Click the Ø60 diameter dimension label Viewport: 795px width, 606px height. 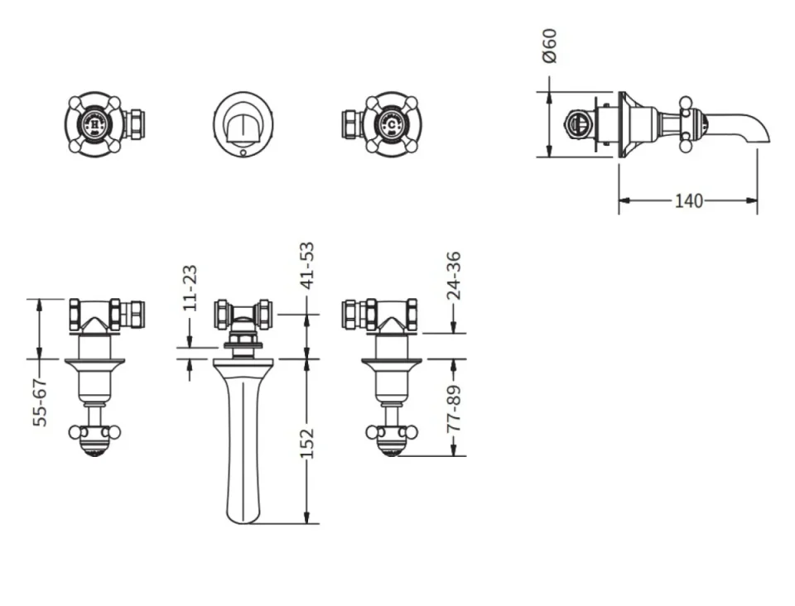550,46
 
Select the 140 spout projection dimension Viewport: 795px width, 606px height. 688,201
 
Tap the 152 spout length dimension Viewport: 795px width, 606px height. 307,443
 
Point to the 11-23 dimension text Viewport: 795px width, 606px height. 190,287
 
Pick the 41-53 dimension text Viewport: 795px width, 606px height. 307,265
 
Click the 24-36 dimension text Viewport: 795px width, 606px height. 453,275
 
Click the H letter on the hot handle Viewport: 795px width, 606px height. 94,124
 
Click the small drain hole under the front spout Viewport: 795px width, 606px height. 241,151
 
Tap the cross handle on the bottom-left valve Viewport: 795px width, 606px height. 94,432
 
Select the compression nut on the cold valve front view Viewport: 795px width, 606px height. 349,124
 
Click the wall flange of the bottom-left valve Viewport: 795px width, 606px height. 94,361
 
